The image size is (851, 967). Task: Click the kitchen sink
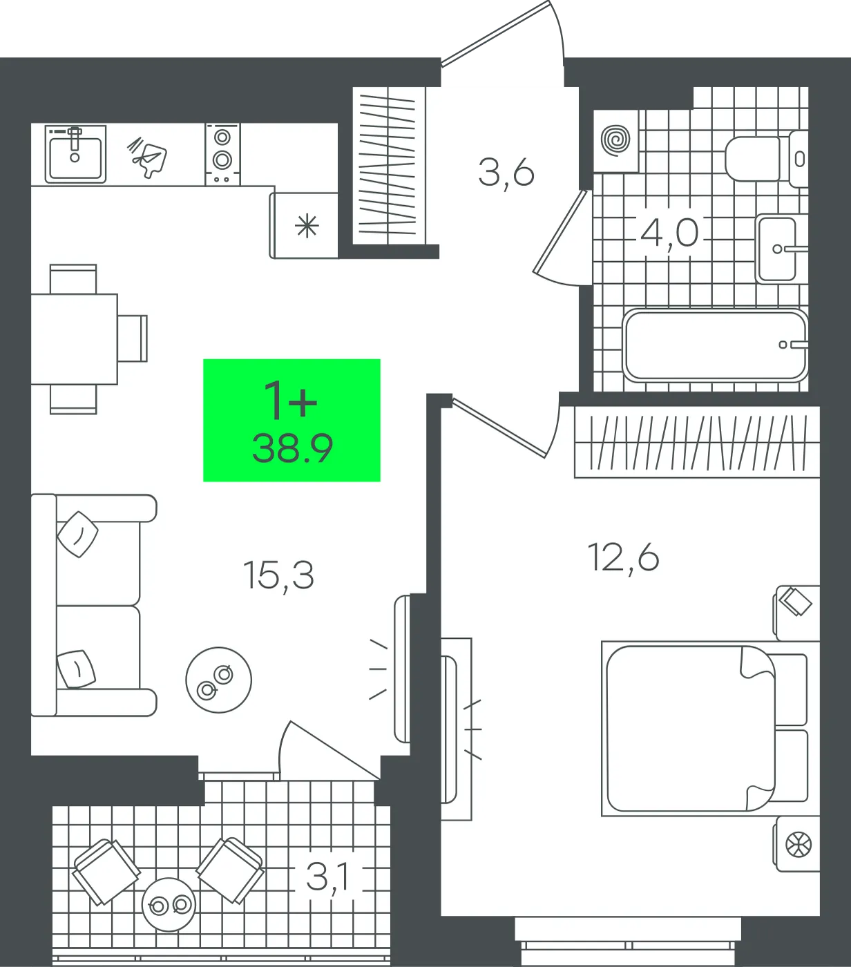[x=75, y=154]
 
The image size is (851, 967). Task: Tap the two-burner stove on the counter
[x=223, y=154]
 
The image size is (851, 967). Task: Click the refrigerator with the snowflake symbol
[x=304, y=225]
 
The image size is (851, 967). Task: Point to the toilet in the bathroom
[x=765, y=159]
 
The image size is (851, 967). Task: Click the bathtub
[x=714, y=345]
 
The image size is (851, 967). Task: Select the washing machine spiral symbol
[x=615, y=141]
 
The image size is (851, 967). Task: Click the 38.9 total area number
[x=292, y=449]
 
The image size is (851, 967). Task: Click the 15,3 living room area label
[x=279, y=575]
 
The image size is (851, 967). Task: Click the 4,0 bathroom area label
[x=670, y=233]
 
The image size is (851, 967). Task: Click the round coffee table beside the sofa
[x=218, y=680]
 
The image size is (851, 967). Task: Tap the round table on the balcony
[x=169, y=904]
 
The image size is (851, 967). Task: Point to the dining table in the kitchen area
[x=74, y=339]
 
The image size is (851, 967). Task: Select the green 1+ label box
[x=291, y=420]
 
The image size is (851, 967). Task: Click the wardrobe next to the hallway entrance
[x=389, y=166]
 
